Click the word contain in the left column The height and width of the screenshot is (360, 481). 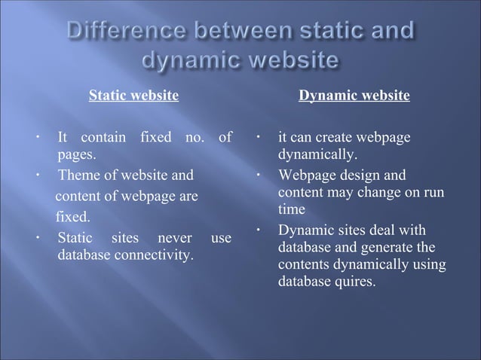pyautogui.click(x=103, y=138)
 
